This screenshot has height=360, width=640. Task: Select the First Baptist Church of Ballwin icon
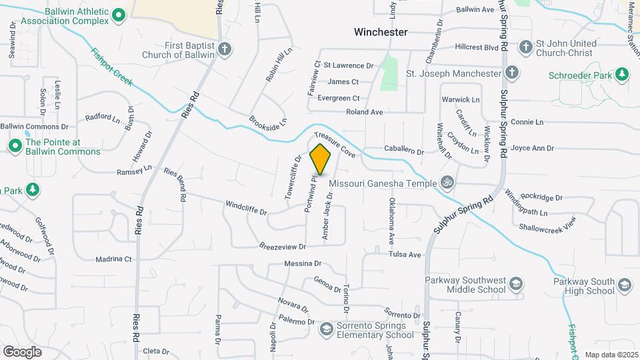coord(225,48)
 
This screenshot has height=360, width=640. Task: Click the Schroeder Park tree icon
coord(621,75)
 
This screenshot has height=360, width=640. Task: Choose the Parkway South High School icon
coord(625,285)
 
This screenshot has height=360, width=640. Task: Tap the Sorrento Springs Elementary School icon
coord(326,329)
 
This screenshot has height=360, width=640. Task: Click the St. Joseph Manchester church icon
coord(511,73)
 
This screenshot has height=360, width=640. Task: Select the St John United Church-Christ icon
coord(526,47)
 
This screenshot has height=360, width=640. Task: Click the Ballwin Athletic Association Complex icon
coord(119,15)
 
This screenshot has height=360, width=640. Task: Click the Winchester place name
coord(381,31)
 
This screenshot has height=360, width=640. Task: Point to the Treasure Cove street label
coord(339,142)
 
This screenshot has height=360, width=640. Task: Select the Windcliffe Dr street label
coord(246,208)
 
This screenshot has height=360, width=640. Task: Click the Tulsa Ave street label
coord(406,255)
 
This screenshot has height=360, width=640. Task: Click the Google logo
coord(22,351)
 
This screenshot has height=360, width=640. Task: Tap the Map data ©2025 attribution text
coord(611,355)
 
